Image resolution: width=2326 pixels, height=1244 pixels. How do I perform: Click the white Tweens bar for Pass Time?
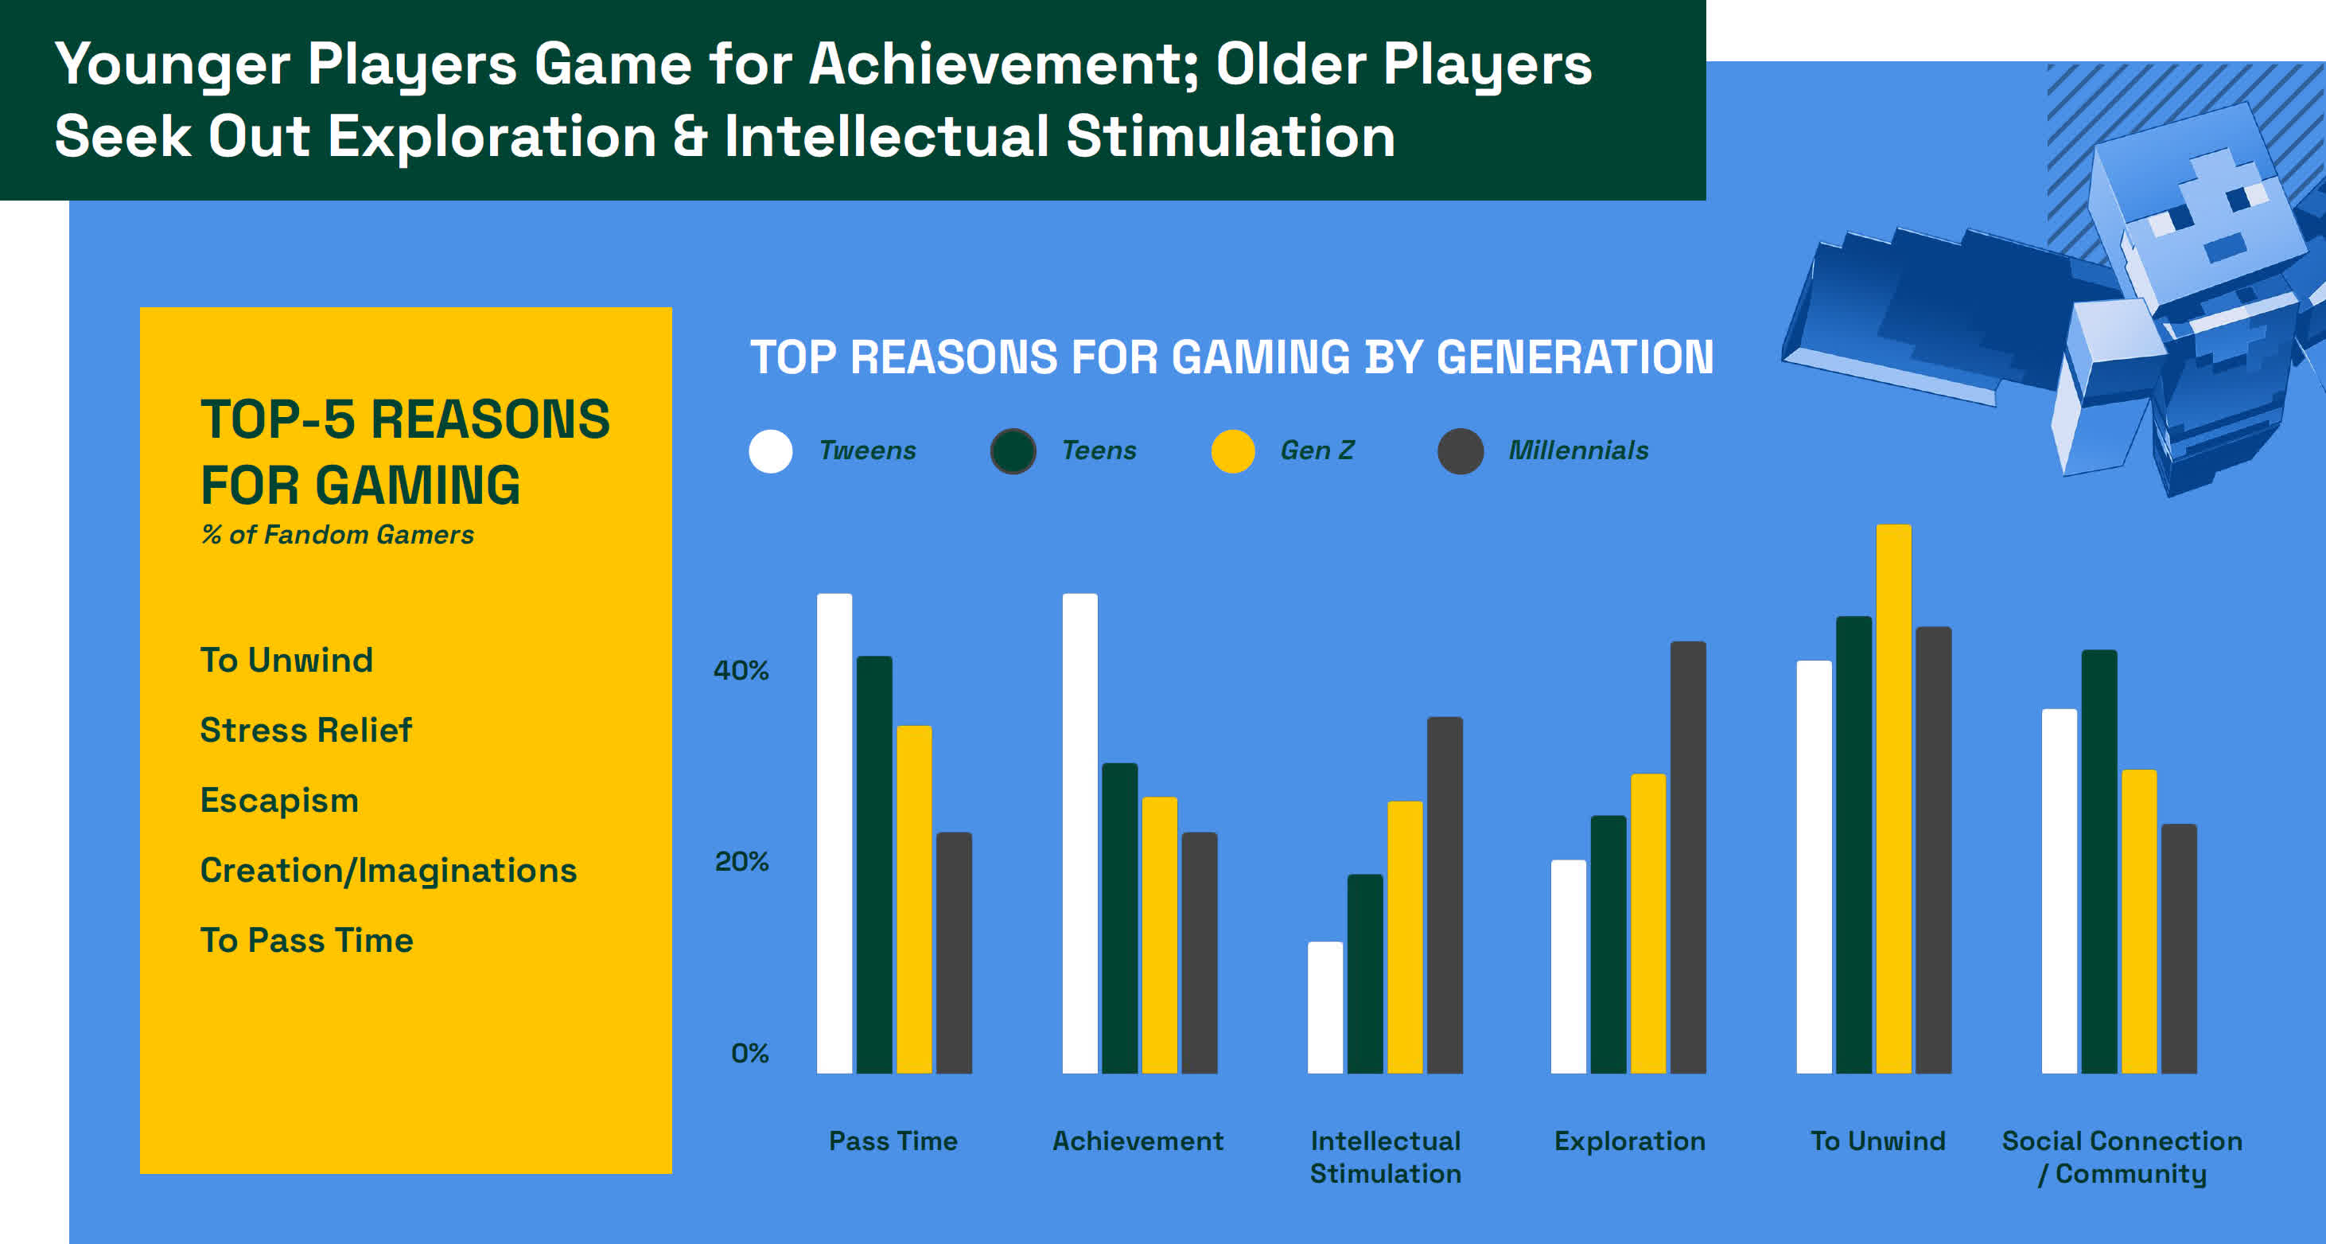[x=834, y=833]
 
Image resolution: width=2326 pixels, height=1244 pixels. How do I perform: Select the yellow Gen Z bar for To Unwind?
[x=1893, y=798]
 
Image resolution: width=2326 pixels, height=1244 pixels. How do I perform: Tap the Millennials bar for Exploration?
[x=1687, y=857]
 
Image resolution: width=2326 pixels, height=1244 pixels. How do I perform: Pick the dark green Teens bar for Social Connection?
[x=2099, y=861]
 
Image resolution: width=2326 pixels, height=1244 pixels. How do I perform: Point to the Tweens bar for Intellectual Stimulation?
[x=1324, y=1008]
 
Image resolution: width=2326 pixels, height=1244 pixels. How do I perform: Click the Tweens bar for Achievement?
[x=1080, y=833]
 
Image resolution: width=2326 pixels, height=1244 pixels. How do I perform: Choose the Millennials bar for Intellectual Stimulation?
[x=1445, y=895]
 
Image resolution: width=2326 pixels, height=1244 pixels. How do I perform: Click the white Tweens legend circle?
[x=770, y=450]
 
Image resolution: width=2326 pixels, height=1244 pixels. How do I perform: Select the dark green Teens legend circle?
[x=1013, y=450]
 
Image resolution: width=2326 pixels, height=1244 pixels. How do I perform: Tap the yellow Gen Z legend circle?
[x=1232, y=450]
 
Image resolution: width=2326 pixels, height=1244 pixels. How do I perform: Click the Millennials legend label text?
[x=1578, y=450]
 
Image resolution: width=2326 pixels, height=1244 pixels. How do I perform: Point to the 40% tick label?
[x=741, y=670]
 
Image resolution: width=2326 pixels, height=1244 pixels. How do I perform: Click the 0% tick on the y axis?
[x=749, y=1052]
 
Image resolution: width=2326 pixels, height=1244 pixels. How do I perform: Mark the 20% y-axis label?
[x=741, y=862]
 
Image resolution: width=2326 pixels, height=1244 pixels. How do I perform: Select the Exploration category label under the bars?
[x=1630, y=1142]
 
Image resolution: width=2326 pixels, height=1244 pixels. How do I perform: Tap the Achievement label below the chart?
[x=1138, y=1141]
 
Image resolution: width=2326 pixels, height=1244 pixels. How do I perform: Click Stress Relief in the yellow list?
[x=306, y=730]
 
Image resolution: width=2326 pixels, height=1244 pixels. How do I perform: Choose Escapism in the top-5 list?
[x=280, y=801]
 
